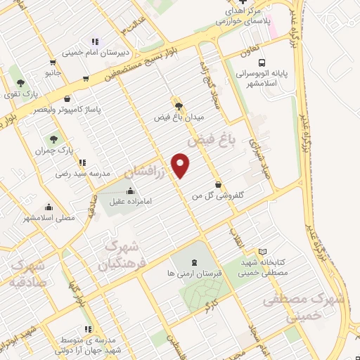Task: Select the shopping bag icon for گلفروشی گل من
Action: pos(218,185)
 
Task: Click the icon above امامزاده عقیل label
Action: pos(131,191)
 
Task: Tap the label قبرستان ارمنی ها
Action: pos(191,272)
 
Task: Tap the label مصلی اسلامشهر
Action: pos(49,218)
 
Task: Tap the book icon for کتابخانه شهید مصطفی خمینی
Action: pos(263,252)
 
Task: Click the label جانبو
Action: pos(54,72)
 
